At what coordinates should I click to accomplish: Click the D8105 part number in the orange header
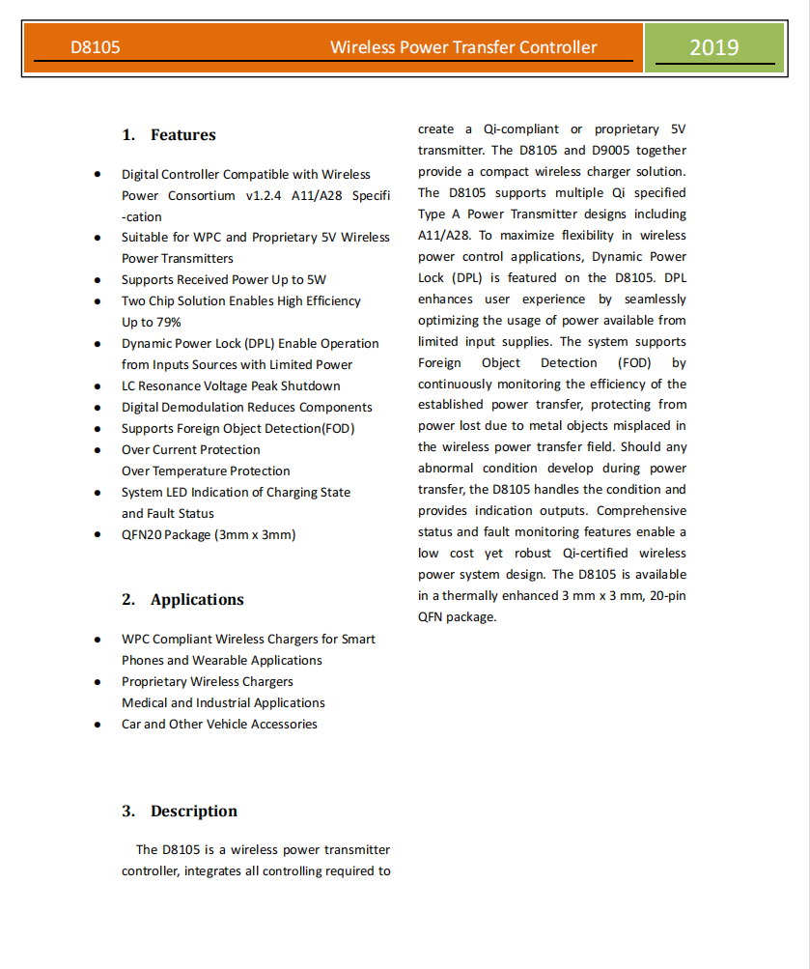(x=96, y=47)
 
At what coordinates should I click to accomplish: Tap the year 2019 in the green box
(x=714, y=47)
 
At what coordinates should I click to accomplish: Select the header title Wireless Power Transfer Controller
(x=463, y=47)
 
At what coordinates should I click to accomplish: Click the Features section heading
(x=182, y=135)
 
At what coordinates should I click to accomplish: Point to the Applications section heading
(x=197, y=600)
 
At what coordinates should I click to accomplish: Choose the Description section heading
(x=193, y=812)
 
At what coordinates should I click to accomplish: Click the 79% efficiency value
(x=167, y=323)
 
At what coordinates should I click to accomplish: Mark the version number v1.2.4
(x=265, y=196)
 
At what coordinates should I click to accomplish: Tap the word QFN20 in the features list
(x=141, y=535)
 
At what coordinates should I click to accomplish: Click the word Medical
(x=144, y=703)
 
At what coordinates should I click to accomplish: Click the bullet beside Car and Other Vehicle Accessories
(x=98, y=725)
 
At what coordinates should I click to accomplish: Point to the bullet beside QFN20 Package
(x=98, y=535)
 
